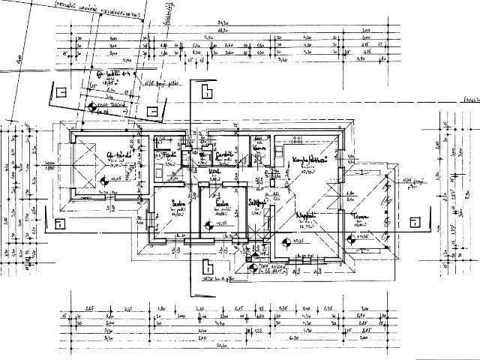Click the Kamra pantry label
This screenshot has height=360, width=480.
[260, 148]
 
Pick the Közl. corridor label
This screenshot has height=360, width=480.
[213, 172]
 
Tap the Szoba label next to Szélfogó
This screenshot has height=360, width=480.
[221, 204]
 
